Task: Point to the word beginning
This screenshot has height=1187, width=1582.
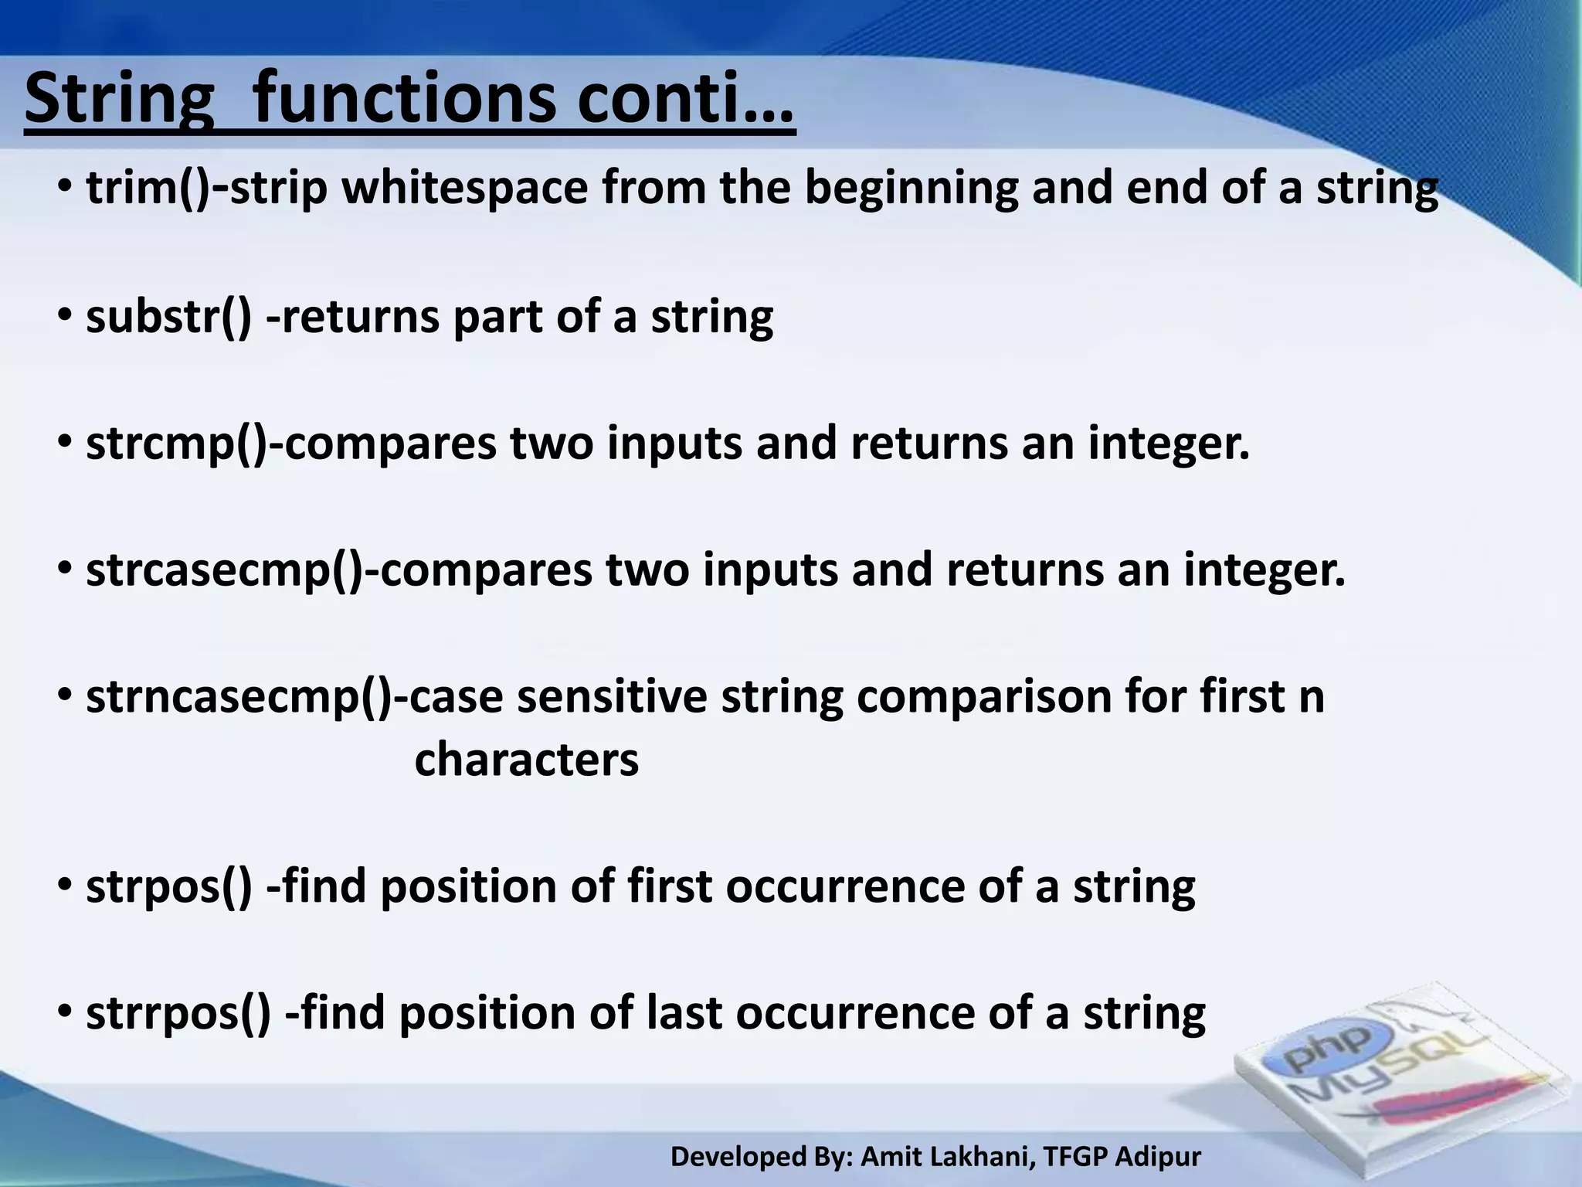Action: (912, 189)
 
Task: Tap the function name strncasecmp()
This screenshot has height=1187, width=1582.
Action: (239, 696)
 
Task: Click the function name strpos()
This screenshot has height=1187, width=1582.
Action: (168, 886)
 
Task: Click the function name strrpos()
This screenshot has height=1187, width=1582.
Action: (178, 1013)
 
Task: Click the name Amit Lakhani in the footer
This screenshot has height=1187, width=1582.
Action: (947, 1157)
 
